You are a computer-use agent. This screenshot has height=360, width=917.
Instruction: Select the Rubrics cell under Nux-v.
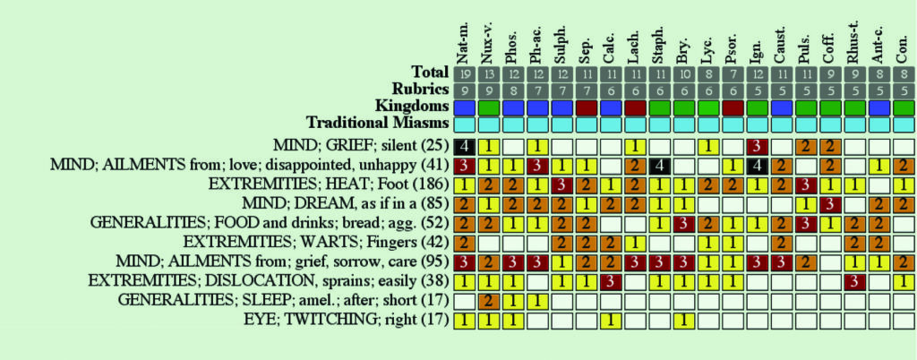(487, 90)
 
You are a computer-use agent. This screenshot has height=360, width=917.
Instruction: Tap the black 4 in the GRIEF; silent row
(463, 145)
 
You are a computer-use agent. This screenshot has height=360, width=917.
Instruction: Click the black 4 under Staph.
(658, 165)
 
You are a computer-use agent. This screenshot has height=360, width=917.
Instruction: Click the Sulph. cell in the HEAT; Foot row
(561, 184)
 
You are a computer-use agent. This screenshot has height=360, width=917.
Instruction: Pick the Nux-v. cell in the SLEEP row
(487, 301)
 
